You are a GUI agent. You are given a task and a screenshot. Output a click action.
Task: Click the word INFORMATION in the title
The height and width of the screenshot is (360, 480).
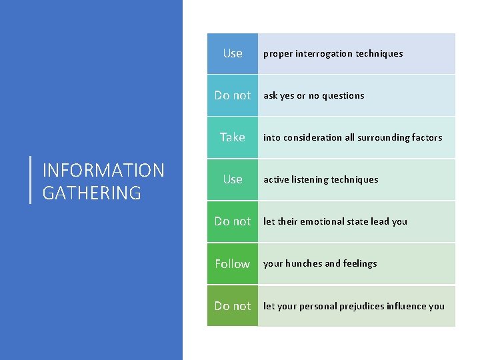coord(103,171)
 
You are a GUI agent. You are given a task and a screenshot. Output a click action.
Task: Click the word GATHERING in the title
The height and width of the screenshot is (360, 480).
coord(92,193)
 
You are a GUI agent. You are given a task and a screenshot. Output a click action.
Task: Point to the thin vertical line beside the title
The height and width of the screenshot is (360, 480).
coord(31,179)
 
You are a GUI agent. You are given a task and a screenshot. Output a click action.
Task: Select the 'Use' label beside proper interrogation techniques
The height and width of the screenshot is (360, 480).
coord(233,53)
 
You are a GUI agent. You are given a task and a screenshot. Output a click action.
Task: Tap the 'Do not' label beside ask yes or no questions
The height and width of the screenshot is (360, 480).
coord(233,95)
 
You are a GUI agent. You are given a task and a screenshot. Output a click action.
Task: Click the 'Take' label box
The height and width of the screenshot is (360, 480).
coord(233,137)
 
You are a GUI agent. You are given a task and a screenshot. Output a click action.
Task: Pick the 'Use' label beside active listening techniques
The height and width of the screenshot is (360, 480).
coord(233,179)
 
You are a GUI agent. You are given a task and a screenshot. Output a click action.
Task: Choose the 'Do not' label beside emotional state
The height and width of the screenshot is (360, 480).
coord(233,221)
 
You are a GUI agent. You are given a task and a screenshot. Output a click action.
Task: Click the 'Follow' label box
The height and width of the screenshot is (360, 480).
coord(233,264)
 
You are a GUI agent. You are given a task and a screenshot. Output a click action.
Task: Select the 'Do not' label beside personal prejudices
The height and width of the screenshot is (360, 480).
coord(233,306)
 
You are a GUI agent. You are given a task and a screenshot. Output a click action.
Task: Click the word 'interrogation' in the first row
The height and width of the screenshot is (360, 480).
coord(323,53)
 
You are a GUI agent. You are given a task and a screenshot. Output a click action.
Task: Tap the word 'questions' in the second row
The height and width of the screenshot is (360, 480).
coord(343,95)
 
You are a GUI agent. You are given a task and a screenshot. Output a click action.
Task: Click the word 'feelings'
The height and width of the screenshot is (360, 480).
coord(360,263)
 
